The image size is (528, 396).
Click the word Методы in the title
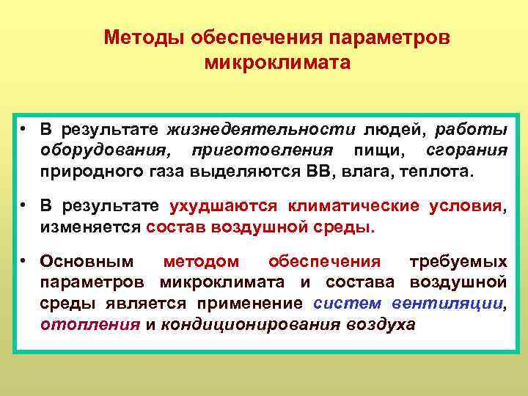(x=144, y=37)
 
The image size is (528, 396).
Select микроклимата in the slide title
(x=278, y=63)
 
